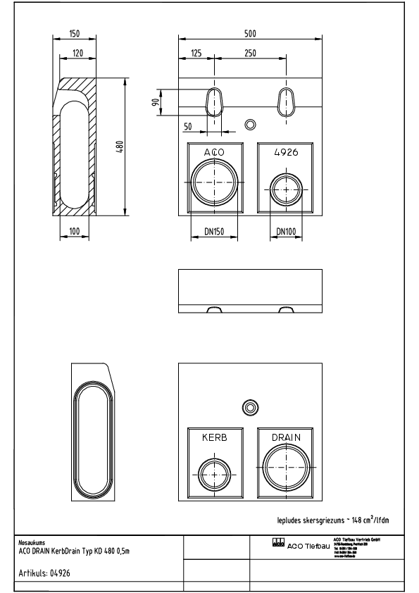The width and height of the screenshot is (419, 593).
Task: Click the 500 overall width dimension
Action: (250, 33)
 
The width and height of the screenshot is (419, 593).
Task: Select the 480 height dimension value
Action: (120, 146)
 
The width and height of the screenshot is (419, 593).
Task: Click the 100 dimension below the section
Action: (75, 230)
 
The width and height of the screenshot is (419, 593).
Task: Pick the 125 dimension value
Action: (196, 53)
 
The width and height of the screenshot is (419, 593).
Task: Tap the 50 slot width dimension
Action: (187, 126)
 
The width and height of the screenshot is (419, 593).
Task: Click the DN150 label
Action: (214, 230)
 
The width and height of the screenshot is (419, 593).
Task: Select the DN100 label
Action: (286, 230)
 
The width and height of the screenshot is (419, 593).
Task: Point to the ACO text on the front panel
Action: (214, 153)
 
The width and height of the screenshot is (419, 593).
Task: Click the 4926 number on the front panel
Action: (285, 153)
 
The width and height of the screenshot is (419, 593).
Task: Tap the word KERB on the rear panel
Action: (214, 437)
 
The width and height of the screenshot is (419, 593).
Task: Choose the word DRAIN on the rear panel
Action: (286, 437)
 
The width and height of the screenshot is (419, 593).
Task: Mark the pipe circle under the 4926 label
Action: (286, 187)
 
